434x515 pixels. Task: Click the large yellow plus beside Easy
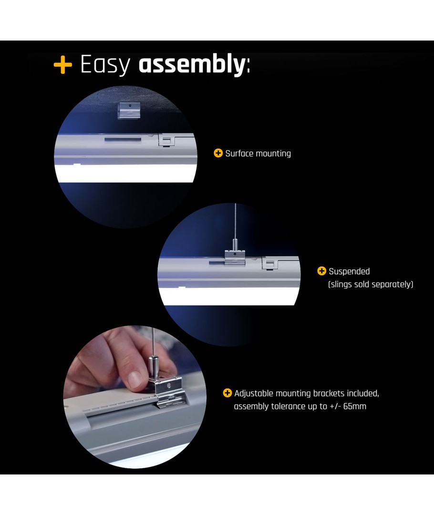(x=62, y=65)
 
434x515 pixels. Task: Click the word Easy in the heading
(x=105, y=65)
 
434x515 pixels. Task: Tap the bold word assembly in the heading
(x=192, y=64)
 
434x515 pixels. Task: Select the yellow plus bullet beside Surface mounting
(x=218, y=153)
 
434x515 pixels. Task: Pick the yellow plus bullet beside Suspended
(x=321, y=271)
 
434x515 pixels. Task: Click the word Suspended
(x=349, y=272)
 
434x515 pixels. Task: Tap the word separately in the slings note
(x=392, y=284)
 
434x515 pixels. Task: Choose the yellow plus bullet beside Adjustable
(x=227, y=393)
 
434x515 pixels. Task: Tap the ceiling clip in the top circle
(x=129, y=110)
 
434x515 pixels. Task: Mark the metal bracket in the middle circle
(x=235, y=257)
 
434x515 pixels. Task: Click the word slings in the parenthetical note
(x=340, y=284)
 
